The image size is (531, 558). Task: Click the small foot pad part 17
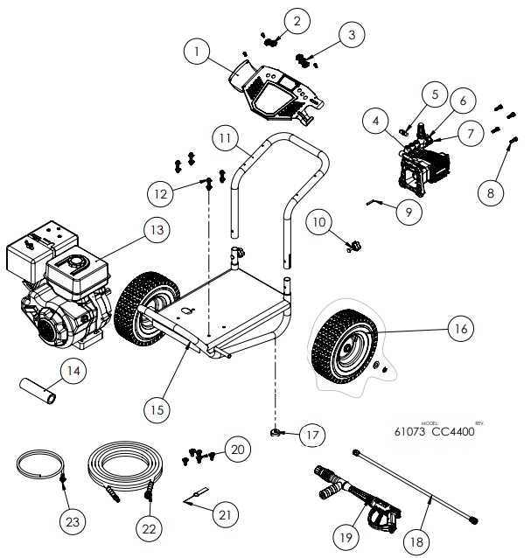277,430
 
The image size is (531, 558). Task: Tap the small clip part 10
354,246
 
